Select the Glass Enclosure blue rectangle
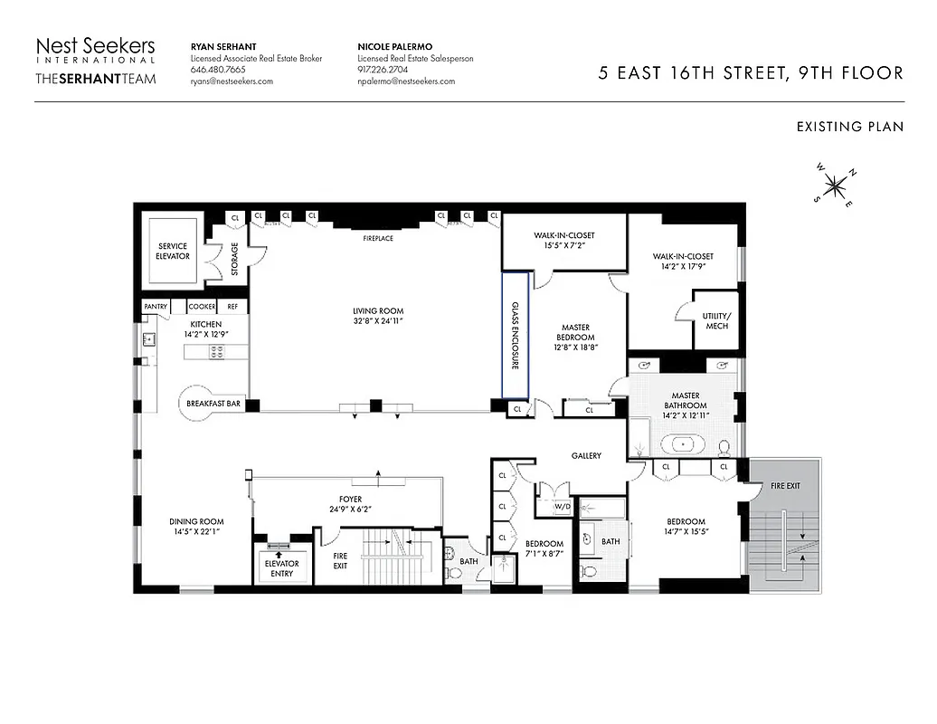tap(516, 335)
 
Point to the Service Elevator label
tap(173, 251)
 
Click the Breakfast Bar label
tap(213, 404)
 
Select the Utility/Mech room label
tap(716, 320)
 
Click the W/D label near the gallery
tap(562, 506)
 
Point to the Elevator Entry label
tap(281, 568)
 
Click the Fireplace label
tap(378, 238)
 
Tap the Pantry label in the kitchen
tap(156, 307)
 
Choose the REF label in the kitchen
tap(232, 307)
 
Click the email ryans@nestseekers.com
tap(232, 81)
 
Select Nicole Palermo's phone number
tap(383, 70)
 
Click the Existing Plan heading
tap(849, 127)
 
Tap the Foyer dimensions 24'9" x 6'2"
tap(348, 509)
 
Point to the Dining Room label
tap(196, 527)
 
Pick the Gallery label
tap(586, 455)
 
